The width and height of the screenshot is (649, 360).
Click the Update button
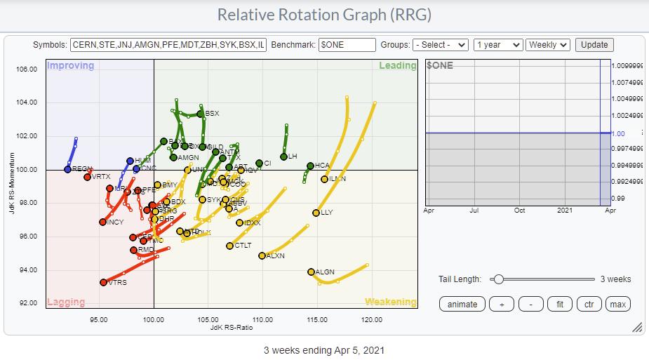coord(594,45)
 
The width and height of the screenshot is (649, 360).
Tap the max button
coord(617,304)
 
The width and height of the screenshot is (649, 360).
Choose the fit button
coord(560,304)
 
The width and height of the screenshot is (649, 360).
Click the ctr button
coord(589,304)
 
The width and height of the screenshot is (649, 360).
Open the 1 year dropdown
coord(498,45)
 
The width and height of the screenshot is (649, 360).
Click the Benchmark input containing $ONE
coord(347,45)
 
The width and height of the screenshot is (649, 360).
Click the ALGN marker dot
coord(312,272)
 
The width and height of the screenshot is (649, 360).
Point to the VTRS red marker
coord(104,282)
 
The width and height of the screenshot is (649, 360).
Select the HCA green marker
coord(310,166)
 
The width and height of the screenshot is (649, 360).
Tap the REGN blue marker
coord(67,169)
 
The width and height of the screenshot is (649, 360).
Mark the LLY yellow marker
coord(316,213)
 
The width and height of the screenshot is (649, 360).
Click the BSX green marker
coord(201,114)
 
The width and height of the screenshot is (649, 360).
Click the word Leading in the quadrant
coord(397,66)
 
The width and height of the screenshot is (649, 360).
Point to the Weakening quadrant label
coord(390,302)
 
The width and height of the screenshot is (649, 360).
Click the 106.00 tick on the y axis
coord(26,69)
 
